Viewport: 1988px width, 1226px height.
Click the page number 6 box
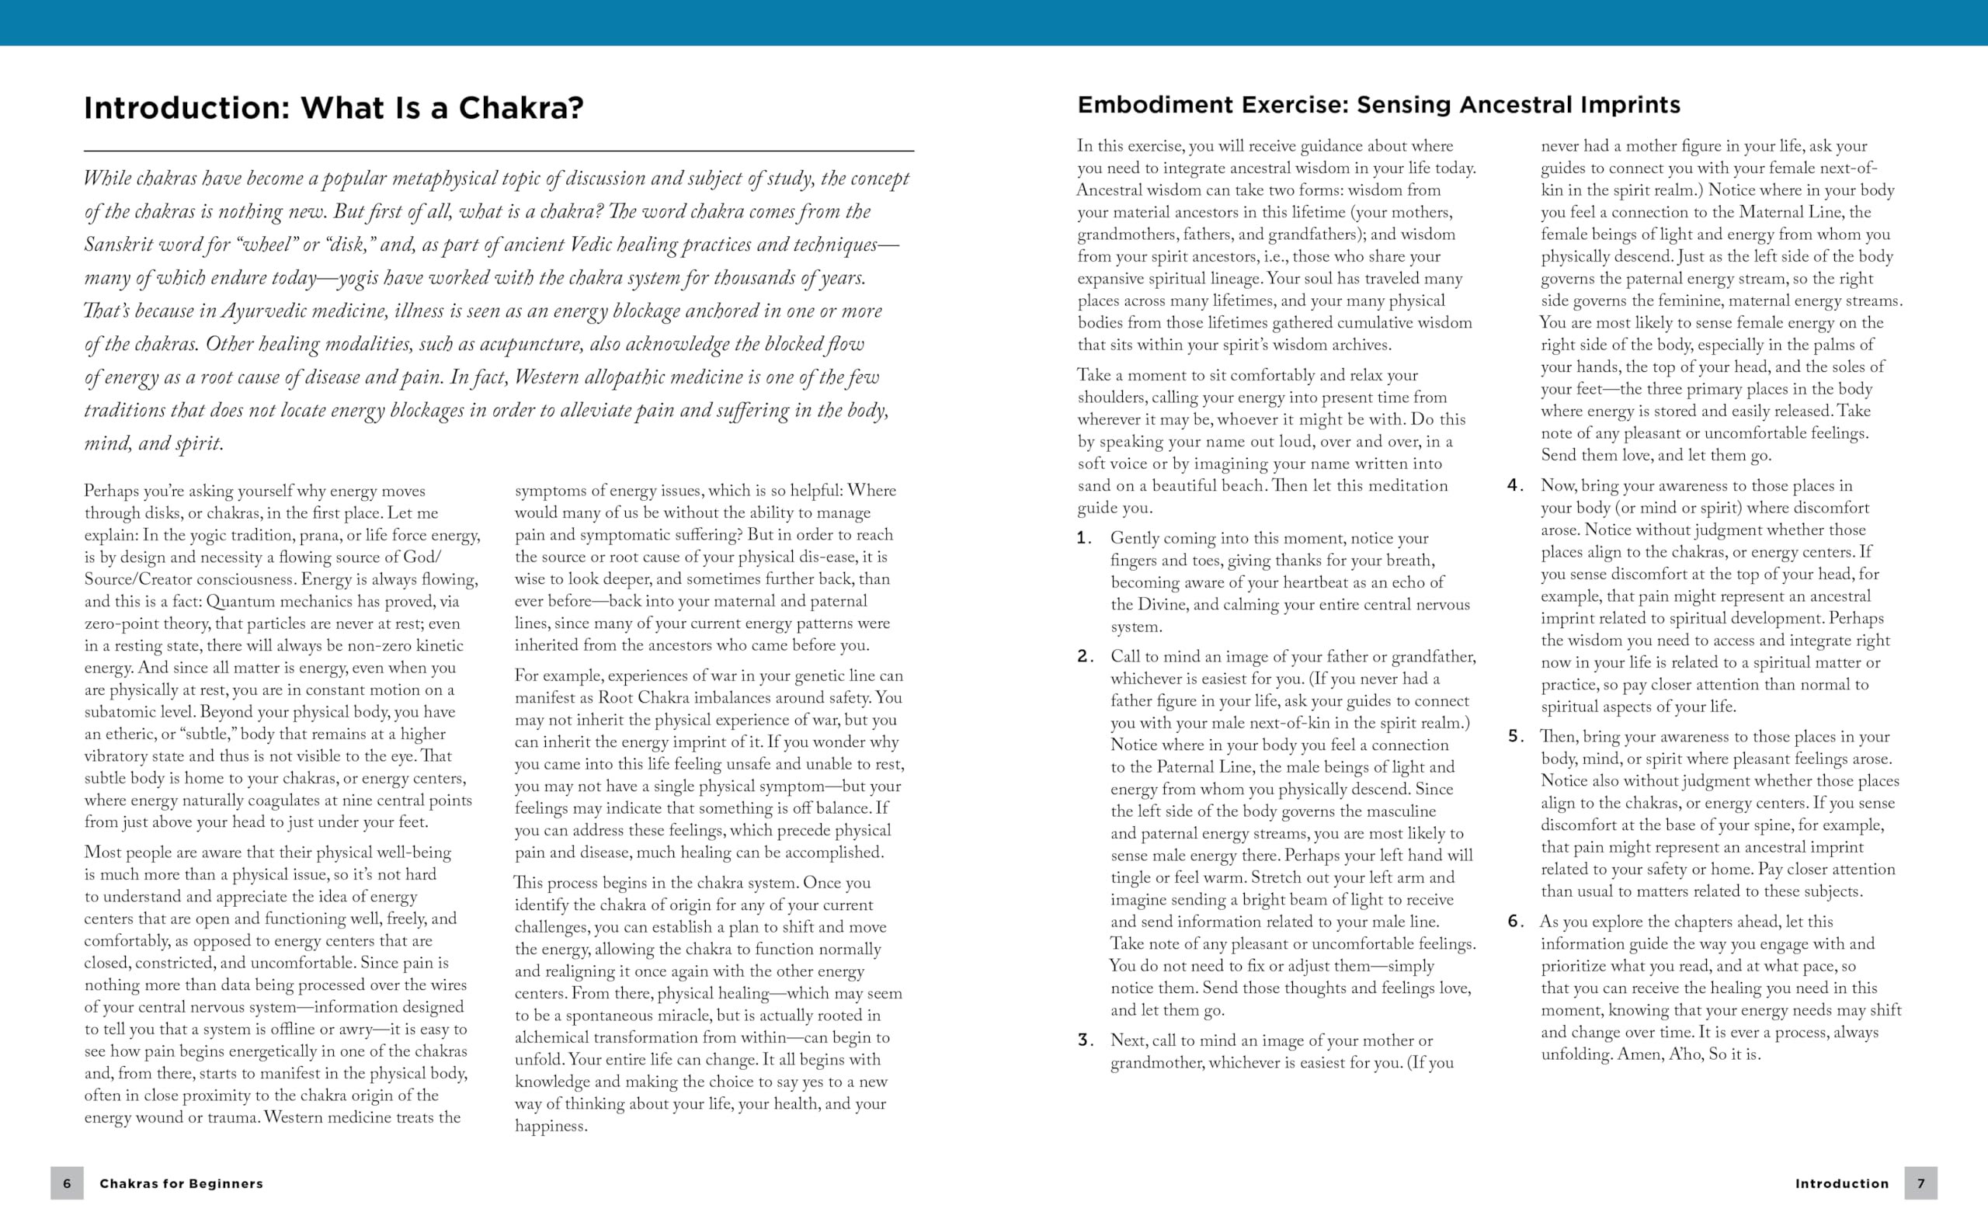point(67,1183)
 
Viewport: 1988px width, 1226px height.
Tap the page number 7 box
point(1920,1183)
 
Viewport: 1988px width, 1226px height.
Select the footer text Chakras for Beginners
point(181,1184)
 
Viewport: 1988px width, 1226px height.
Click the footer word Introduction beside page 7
point(1841,1184)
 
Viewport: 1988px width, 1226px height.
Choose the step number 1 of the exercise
point(1084,538)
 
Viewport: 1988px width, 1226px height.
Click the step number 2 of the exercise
point(1085,657)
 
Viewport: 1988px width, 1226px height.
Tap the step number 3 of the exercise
point(1085,1040)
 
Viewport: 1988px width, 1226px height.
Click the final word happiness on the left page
point(550,1127)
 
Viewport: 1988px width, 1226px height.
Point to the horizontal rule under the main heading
point(499,151)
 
